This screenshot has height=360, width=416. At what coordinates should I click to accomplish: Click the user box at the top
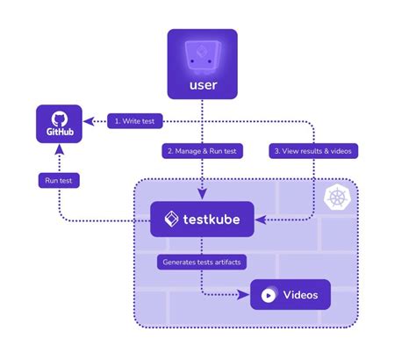pos(202,63)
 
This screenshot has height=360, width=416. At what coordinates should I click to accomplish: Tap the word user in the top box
pos(202,86)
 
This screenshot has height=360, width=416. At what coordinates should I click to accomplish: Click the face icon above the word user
pos(202,54)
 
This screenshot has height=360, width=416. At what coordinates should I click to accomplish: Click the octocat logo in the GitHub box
pos(58,118)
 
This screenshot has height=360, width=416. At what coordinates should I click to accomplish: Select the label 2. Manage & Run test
pos(203,150)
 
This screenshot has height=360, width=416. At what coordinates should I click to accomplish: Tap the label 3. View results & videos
pos(313,150)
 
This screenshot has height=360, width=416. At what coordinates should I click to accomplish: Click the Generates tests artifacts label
pos(201,262)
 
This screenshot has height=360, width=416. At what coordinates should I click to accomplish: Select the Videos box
pos(290,294)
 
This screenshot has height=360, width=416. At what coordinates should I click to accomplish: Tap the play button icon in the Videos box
pos(267,295)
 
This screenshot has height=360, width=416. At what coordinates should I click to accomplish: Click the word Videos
pos(300,295)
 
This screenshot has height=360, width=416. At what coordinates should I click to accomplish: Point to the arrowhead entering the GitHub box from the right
pos(88,122)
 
